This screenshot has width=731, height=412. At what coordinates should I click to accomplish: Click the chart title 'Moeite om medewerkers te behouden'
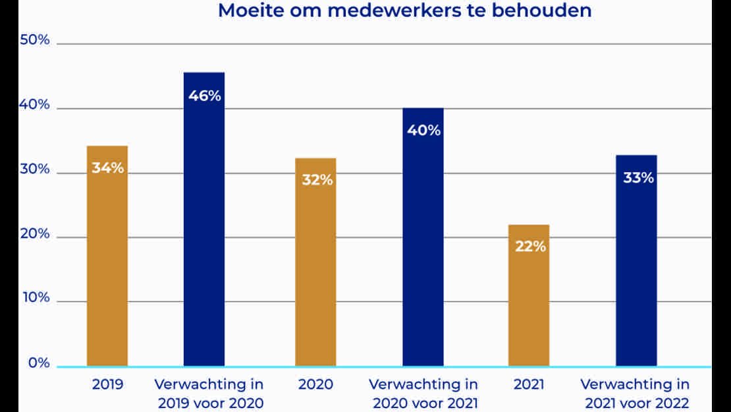(x=404, y=11)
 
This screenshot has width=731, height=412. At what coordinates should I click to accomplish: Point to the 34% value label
(x=107, y=167)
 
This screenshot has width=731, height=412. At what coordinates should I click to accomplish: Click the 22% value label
(x=529, y=247)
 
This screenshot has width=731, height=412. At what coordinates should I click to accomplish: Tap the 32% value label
(x=317, y=180)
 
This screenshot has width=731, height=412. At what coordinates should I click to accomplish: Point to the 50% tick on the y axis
(x=35, y=40)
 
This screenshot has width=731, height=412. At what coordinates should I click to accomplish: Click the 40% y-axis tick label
(x=35, y=104)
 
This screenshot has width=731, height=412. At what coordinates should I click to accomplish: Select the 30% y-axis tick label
(x=35, y=169)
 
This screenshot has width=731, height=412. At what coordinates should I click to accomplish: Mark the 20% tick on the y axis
(x=35, y=233)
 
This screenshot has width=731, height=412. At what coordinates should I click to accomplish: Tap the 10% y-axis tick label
(x=35, y=297)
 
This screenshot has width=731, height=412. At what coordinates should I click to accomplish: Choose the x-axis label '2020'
(x=316, y=384)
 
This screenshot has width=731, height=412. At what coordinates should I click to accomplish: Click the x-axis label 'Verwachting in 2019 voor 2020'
(x=210, y=394)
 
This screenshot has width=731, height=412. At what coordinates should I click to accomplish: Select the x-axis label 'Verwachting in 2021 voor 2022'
(x=635, y=394)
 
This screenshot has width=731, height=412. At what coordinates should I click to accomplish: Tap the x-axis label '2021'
(x=529, y=384)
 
